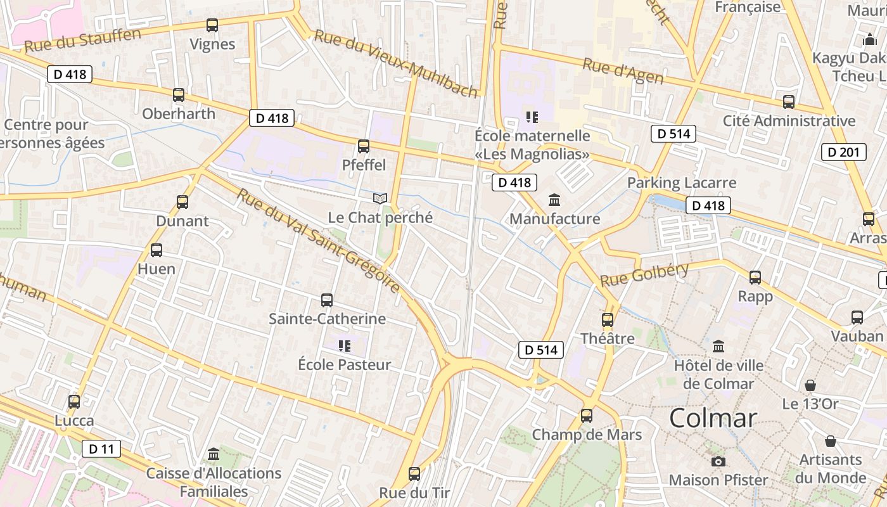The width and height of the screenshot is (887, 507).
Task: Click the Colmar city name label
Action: [x=713, y=418]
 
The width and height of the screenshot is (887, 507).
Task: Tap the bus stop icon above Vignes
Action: [x=212, y=25]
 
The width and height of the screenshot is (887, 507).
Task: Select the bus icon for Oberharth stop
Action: [x=179, y=95]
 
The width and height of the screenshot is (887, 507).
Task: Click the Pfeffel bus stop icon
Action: [x=364, y=146]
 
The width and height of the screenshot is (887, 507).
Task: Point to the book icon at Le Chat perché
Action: [x=380, y=199]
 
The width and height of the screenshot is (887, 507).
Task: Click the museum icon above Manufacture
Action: [x=555, y=200]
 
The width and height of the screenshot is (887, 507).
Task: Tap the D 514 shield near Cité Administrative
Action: [x=673, y=134]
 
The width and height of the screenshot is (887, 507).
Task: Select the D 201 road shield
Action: [x=843, y=152]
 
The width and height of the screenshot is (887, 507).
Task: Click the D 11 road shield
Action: [x=101, y=449]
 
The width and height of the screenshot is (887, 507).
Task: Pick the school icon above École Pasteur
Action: [x=345, y=346]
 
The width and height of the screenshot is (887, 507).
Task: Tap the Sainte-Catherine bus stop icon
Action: [x=327, y=300]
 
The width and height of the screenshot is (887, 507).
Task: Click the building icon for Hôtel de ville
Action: [x=718, y=347]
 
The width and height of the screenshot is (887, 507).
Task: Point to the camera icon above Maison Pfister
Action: [x=718, y=461]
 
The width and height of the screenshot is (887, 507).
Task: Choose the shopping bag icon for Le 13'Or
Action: [x=810, y=385]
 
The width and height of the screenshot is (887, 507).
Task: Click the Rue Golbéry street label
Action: [x=644, y=274]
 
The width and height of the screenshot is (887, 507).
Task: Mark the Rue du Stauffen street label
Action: [x=82, y=40]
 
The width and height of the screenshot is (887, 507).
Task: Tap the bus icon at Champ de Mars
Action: [x=587, y=416]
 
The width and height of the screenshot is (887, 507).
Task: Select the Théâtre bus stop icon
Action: [x=608, y=320]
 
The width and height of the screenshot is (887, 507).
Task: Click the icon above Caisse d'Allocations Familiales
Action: [x=214, y=454]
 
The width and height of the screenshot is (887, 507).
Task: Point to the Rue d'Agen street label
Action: [x=623, y=72]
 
